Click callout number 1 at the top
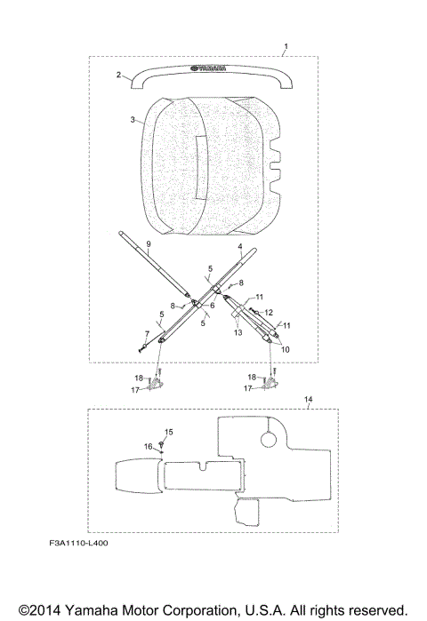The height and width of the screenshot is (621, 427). [286, 47]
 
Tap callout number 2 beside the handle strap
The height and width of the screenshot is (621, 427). [118, 75]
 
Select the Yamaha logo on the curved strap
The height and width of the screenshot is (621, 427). [208, 68]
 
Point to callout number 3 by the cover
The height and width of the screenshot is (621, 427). [133, 119]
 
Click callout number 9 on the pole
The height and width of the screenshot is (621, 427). [149, 244]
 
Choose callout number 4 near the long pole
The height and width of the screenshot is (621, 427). [240, 247]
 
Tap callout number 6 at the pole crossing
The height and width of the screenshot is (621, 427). [213, 306]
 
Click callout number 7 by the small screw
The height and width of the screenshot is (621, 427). [147, 334]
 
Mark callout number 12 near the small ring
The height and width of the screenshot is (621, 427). [269, 313]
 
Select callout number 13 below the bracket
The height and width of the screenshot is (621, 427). [238, 332]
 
